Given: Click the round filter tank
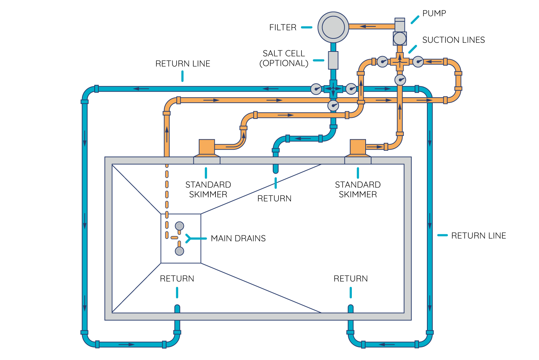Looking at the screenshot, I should coord(333,27).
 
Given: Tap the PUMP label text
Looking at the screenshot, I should coord(434,13).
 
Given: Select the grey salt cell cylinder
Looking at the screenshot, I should coord(333,60).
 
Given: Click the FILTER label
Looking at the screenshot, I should coord(283,28).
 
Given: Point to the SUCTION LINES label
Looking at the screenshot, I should coord(453,40).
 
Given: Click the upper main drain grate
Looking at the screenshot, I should coord(180,226).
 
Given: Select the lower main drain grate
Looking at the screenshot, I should coord(180,251).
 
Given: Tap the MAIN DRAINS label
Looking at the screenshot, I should coord(238,239).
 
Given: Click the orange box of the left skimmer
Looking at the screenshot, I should coord(207,147).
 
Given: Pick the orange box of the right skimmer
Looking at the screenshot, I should coord(358,147).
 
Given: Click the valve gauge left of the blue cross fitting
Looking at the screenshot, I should coord(316,89).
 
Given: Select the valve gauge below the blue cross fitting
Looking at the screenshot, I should coord(333,105).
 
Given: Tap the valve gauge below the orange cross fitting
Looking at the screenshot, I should coord(400,80).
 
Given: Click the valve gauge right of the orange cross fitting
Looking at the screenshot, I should coord(418,62).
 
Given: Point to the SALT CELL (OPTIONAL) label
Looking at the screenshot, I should coord(284,58).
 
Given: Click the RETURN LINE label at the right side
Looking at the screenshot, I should coord(478,236).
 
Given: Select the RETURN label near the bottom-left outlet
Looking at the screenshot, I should coord(177,278).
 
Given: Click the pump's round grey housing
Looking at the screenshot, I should coord(400,38).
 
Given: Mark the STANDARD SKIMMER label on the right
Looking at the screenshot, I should coord(358,190).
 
